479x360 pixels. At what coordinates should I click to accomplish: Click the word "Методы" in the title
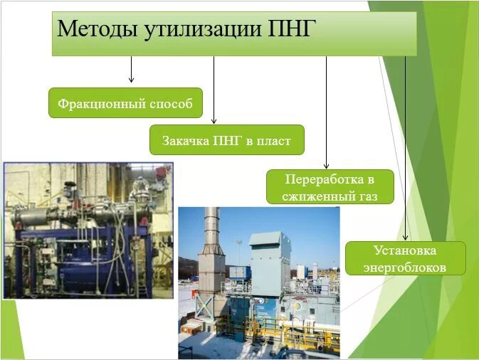click(x=99, y=29)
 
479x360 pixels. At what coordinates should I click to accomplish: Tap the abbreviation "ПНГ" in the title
click(x=291, y=29)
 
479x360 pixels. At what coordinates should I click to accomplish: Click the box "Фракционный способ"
click(x=125, y=103)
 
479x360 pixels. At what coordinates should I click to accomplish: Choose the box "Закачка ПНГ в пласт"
click(x=226, y=140)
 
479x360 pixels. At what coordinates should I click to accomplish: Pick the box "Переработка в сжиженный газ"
click(x=330, y=187)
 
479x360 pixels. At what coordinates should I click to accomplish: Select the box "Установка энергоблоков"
click(x=405, y=258)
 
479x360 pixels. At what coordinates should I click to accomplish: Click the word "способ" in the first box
click(x=170, y=104)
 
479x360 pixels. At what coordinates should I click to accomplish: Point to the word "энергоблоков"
click(x=405, y=268)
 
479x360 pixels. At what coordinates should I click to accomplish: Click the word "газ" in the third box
click(x=367, y=196)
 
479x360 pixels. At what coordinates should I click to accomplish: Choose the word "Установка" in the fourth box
click(x=405, y=250)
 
